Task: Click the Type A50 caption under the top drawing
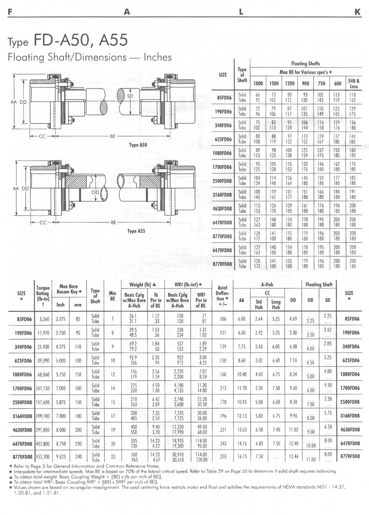pyautogui.click(x=138, y=145)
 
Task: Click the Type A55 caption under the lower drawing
pyautogui.click(x=136, y=231)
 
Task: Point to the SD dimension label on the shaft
pyautogui.click(x=130, y=96)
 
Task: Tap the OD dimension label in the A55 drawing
pyautogui.click(x=95, y=192)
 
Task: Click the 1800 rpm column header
pyautogui.click(x=258, y=83)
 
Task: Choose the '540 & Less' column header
pyautogui.click(x=353, y=83)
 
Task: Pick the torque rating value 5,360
pyautogui.click(x=44, y=319)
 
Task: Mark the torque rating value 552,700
pyautogui.click(x=43, y=456)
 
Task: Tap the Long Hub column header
pyautogui.click(x=276, y=304)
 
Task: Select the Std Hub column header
pyautogui.click(x=259, y=304)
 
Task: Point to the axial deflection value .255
pyautogui.click(x=223, y=456)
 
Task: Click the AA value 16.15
pyautogui.click(x=242, y=456)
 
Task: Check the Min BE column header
pyautogui.click(x=112, y=296)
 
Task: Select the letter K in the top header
pyautogui.click(x=357, y=12)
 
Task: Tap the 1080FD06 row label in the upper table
pyautogui.click(x=222, y=153)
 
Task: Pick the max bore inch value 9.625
pyautogui.click(x=61, y=456)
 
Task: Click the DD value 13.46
pyautogui.click(x=293, y=456)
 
